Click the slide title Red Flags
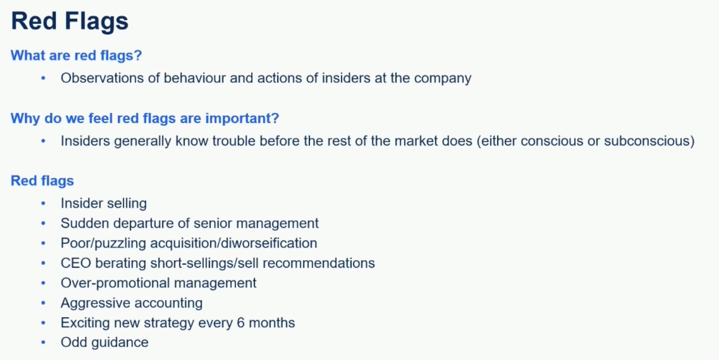70,21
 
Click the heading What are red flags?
76,55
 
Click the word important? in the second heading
242,118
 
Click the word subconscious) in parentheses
649,141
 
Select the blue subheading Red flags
43,181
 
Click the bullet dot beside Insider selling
43,203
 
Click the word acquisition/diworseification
233,243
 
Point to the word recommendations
319,263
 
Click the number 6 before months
241,323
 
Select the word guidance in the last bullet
120,343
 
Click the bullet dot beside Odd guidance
43,342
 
